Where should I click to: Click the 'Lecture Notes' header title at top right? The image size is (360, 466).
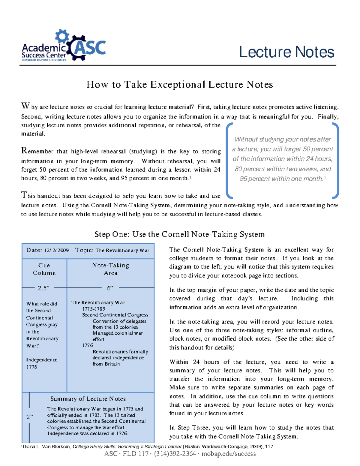286,52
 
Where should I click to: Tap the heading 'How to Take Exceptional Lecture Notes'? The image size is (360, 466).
180,85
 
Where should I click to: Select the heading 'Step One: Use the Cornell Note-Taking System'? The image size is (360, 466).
179,234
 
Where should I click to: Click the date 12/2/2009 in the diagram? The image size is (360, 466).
56,251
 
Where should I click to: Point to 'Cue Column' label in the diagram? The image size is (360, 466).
44,269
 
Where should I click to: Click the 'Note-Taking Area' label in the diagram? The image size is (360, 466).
110,269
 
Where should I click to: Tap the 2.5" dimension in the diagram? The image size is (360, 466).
44,288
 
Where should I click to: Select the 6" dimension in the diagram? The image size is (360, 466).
110,288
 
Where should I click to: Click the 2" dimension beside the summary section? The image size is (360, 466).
29,417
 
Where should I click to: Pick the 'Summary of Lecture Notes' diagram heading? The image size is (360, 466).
88,399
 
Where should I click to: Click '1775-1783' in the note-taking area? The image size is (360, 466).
94,309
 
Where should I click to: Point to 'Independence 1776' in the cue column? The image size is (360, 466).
41,363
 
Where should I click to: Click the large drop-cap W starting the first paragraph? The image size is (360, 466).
25,106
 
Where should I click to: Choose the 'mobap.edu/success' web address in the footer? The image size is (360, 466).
229,454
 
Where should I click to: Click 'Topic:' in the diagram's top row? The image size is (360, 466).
84,250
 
